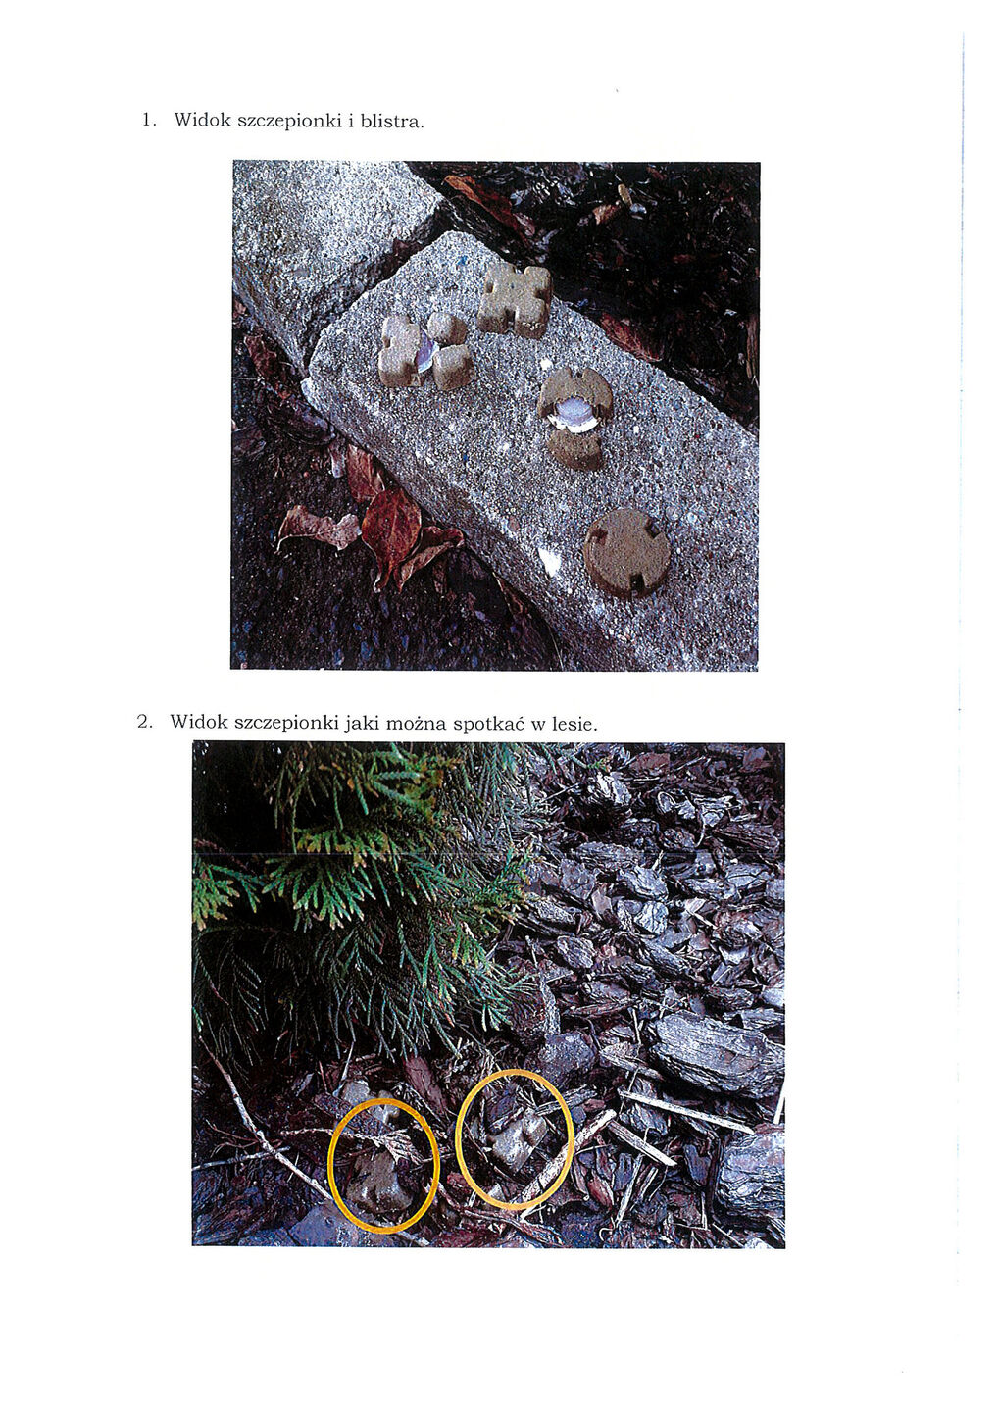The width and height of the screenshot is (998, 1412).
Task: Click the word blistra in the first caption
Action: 390,121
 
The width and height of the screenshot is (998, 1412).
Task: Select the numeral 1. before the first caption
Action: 149,120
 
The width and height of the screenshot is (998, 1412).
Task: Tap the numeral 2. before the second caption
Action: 144,721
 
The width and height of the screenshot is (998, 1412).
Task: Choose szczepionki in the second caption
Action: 287,723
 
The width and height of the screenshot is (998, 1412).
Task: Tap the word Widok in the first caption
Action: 202,120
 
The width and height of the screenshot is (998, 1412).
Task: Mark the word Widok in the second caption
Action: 198,721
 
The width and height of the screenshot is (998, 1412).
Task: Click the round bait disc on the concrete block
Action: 626,551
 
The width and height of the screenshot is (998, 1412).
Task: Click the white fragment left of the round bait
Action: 548,559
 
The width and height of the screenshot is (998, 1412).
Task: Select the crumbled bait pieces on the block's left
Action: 424,350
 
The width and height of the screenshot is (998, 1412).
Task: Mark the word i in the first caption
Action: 350,120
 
